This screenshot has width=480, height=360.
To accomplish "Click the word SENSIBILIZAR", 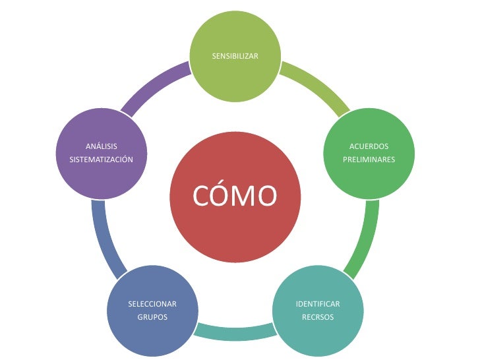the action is (x=235, y=56).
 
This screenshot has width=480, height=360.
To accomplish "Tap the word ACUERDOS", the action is (x=369, y=146).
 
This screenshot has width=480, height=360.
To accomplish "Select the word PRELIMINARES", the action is (x=369, y=160).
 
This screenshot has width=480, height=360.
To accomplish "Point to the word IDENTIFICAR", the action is (x=318, y=304).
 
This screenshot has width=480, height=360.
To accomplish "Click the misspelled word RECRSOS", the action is (x=318, y=317).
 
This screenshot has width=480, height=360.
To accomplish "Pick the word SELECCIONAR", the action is (x=152, y=304).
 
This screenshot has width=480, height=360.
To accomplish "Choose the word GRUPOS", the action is (x=152, y=317).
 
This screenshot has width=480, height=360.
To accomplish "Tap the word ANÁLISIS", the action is (x=102, y=146).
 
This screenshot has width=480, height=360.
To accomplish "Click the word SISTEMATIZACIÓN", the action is (x=102, y=160).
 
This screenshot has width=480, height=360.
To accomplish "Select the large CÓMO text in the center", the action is (x=235, y=196).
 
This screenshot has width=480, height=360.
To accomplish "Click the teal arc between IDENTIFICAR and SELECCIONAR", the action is (x=235, y=333).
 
